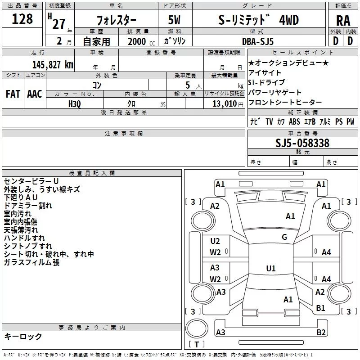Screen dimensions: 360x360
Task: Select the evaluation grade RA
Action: coord(343,20)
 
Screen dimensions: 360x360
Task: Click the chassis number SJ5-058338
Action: coord(302,143)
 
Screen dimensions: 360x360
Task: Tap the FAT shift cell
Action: coord(12,94)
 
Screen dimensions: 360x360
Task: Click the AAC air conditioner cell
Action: coord(34,94)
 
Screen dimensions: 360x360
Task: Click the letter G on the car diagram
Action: coord(284,237)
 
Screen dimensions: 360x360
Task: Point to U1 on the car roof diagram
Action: coord(270,269)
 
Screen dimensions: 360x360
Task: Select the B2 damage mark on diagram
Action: coord(321,333)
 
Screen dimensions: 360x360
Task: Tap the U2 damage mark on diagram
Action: coord(215,241)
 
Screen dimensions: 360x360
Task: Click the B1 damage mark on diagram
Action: coord(321,308)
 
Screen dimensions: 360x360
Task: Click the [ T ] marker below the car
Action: coord(196,344)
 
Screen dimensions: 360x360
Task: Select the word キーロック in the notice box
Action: coord(23,336)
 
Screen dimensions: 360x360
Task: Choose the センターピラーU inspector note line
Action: coord(31,181)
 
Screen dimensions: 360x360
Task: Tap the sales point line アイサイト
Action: coord(265,72)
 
